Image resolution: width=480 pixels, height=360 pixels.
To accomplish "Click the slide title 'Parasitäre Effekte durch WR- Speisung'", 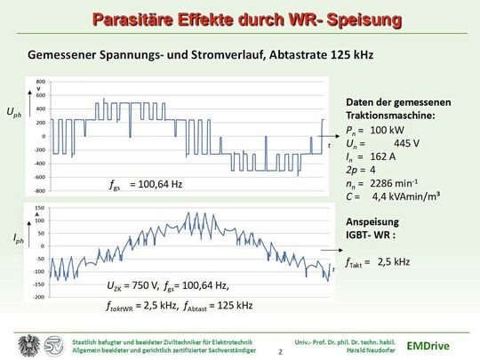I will tap(240, 19).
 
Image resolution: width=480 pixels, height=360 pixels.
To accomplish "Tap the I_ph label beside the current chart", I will tap(18, 239).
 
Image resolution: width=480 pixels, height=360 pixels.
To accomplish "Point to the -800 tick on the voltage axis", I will tap(39, 190).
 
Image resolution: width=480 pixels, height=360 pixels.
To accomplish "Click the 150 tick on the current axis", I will tap(41, 208).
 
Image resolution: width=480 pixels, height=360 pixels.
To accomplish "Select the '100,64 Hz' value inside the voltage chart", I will tap(156, 185).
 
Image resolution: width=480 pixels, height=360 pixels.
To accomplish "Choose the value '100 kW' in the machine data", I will tap(388, 130).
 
